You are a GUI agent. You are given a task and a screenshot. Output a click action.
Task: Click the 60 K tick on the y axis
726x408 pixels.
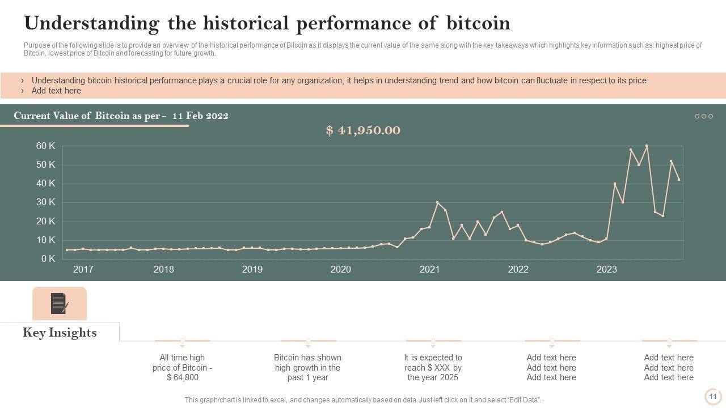pyautogui.click(x=45, y=146)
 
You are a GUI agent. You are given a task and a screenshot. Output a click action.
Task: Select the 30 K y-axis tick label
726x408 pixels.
pyautogui.click(x=45, y=202)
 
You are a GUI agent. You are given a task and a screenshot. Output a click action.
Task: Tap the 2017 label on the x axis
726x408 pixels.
pyautogui.click(x=83, y=270)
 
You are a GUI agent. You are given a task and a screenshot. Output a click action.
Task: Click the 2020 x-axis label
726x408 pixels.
pyautogui.click(x=341, y=270)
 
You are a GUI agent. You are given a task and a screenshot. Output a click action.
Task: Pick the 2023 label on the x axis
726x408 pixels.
pyautogui.click(x=606, y=270)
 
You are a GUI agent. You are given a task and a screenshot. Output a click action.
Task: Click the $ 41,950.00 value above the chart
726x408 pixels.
pyautogui.click(x=363, y=130)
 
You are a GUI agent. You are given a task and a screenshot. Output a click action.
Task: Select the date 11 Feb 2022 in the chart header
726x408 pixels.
pyautogui.click(x=200, y=116)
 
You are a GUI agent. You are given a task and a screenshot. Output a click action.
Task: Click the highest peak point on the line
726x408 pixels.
pyautogui.click(x=647, y=146)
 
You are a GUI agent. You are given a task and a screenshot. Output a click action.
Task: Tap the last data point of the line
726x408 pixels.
pyautogui.click(x=679, y=180)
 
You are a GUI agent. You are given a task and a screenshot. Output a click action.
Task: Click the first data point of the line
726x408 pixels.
pyautogui.click(x=67, y=250)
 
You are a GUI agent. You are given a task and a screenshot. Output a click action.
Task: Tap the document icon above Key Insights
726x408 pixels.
pyautogui.click(x=59, y=303)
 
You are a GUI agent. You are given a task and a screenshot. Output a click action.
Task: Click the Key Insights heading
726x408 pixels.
pyautogui.click(x=60, y=333)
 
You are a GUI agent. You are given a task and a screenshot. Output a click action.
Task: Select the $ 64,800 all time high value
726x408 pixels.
pyautogui.click(x=183, y=377)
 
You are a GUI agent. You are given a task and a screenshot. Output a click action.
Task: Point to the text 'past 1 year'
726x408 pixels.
pyautogui.click(x=308, y=377)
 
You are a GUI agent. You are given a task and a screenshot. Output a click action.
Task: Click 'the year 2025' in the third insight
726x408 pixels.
pyautogui.click(x=433, y=377)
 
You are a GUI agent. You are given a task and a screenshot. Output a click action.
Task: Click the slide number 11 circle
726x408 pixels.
pyautogui.click(x=713, y=397)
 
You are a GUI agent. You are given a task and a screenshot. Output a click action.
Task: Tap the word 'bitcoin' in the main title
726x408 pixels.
pyautogui.click(x=479, y=23)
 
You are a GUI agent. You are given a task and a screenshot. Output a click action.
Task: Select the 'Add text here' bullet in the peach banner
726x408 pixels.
pyautogui.click(x=56, y=91)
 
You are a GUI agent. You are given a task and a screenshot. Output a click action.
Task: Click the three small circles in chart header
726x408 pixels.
pyautogui.click(x=704, y=116)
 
